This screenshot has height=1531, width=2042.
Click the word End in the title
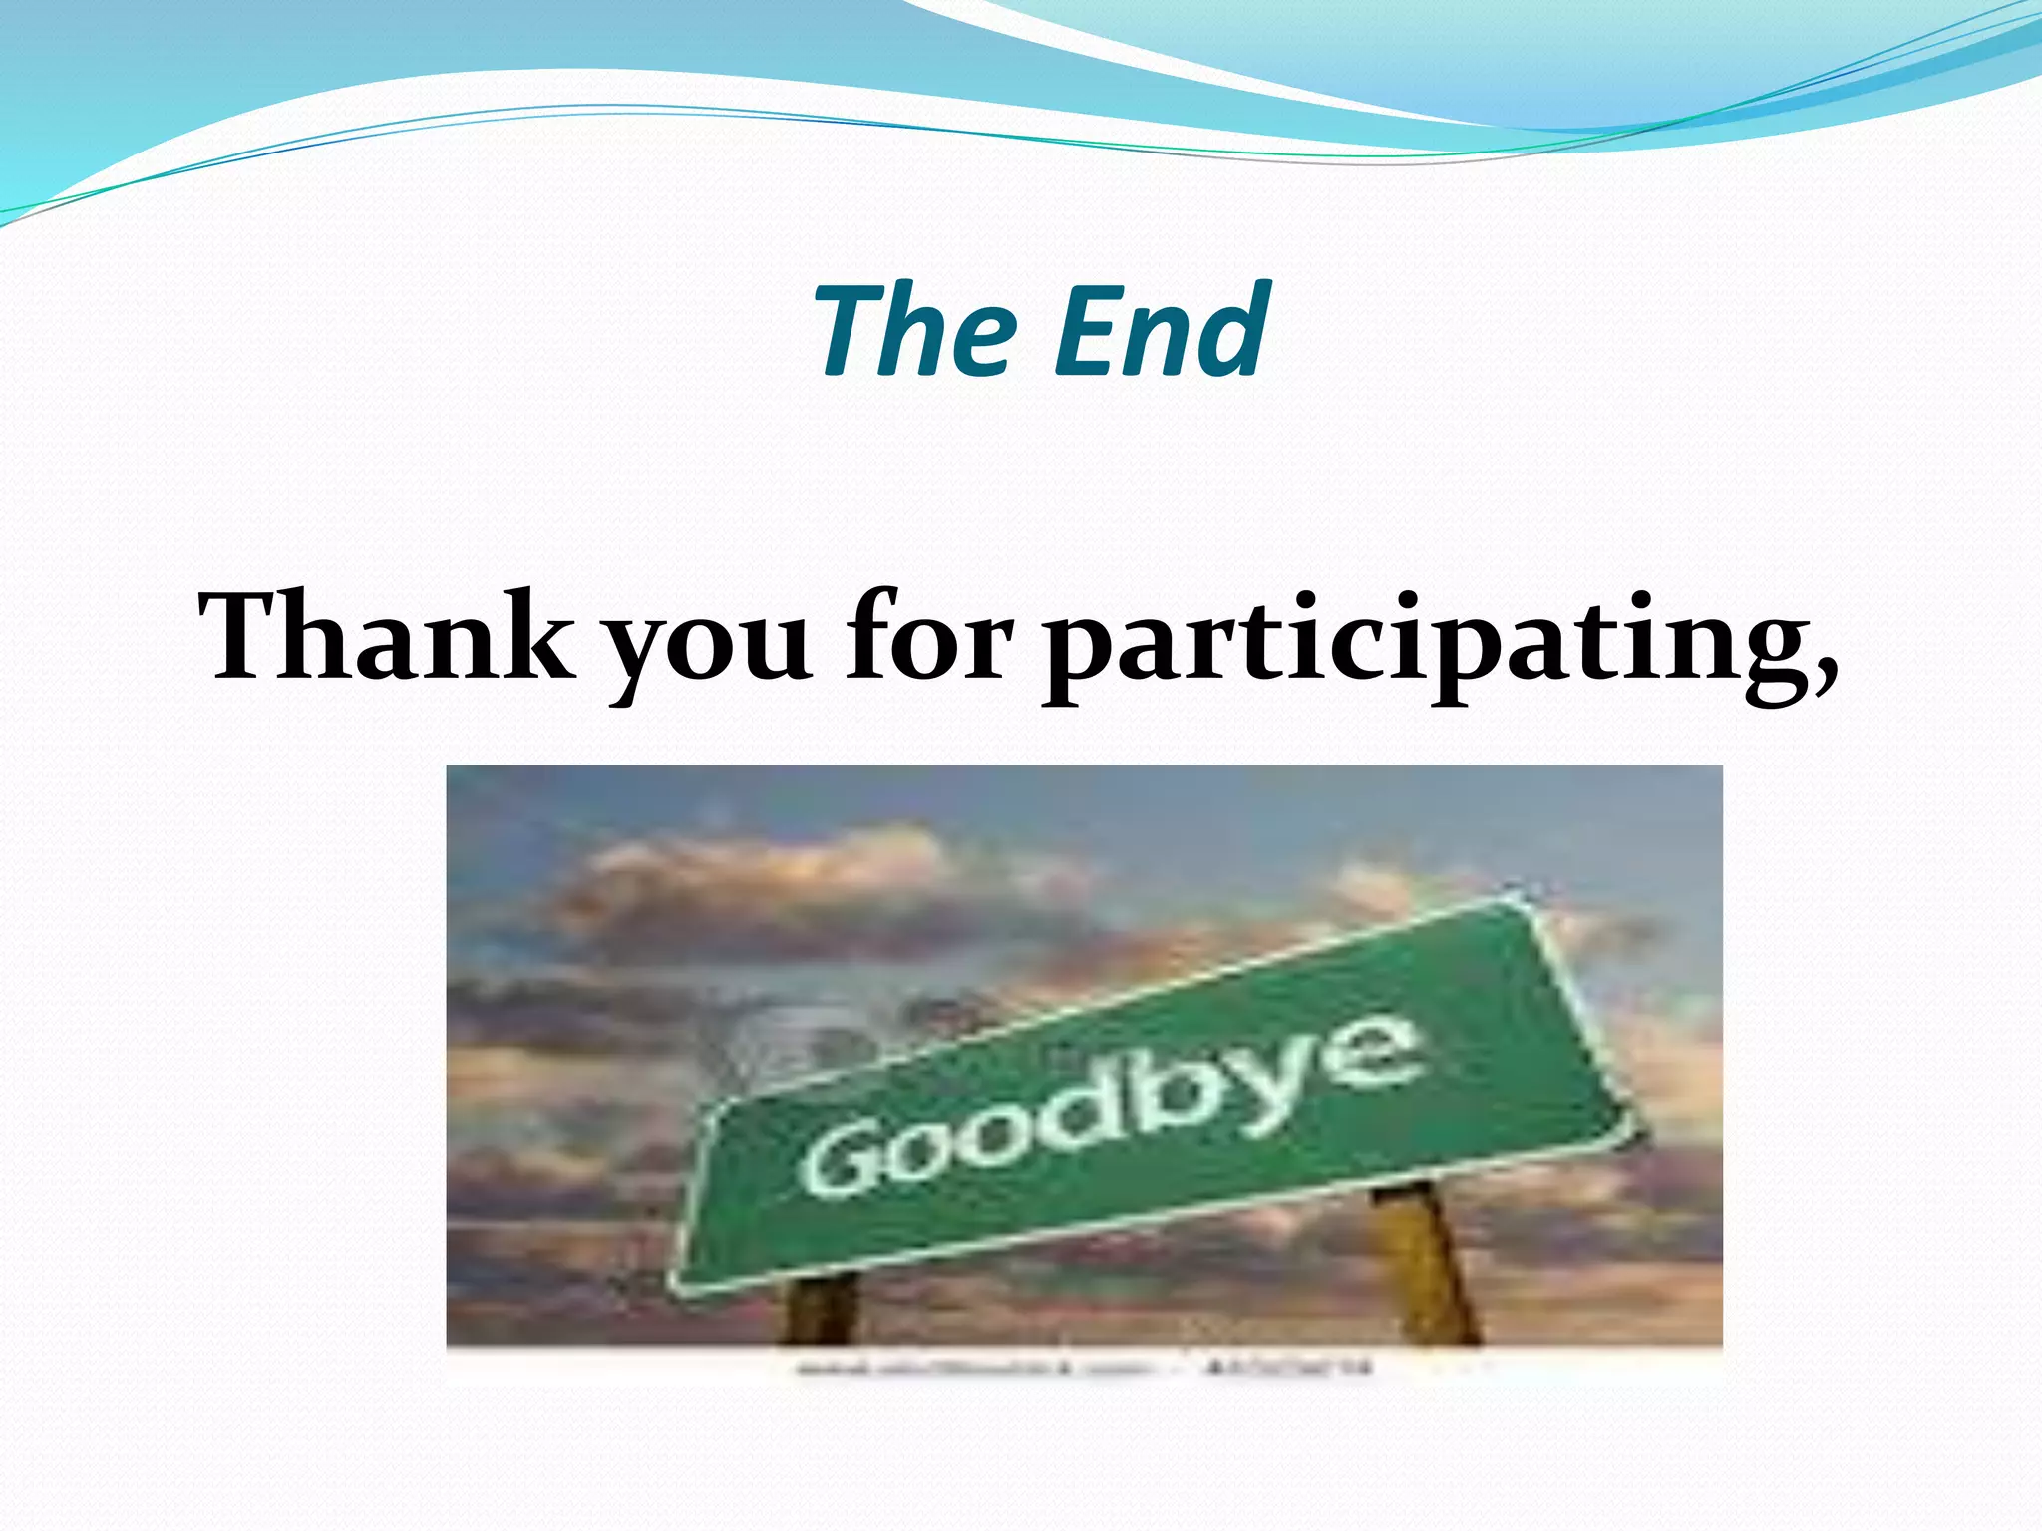click(1162, 332)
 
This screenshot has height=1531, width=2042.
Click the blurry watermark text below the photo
click(1082, 1368)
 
